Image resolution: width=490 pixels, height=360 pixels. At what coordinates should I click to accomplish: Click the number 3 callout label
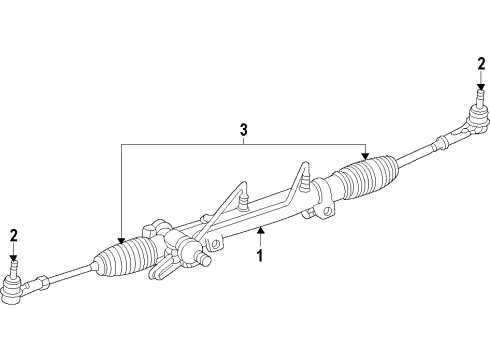pos(243,128)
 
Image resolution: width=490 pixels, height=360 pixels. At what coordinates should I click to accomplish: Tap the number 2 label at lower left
pos(13,235)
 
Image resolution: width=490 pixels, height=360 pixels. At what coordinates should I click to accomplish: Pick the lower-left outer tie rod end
pos(17,290)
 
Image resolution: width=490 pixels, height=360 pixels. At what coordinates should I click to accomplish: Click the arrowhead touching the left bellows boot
pos(121,240)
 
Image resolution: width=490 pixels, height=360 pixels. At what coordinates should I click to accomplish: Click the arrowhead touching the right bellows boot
pos(365,158)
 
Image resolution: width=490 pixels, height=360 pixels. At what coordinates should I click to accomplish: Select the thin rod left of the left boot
pos(65,276)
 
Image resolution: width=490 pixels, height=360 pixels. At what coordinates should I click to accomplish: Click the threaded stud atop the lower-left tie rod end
pos(14,269)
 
